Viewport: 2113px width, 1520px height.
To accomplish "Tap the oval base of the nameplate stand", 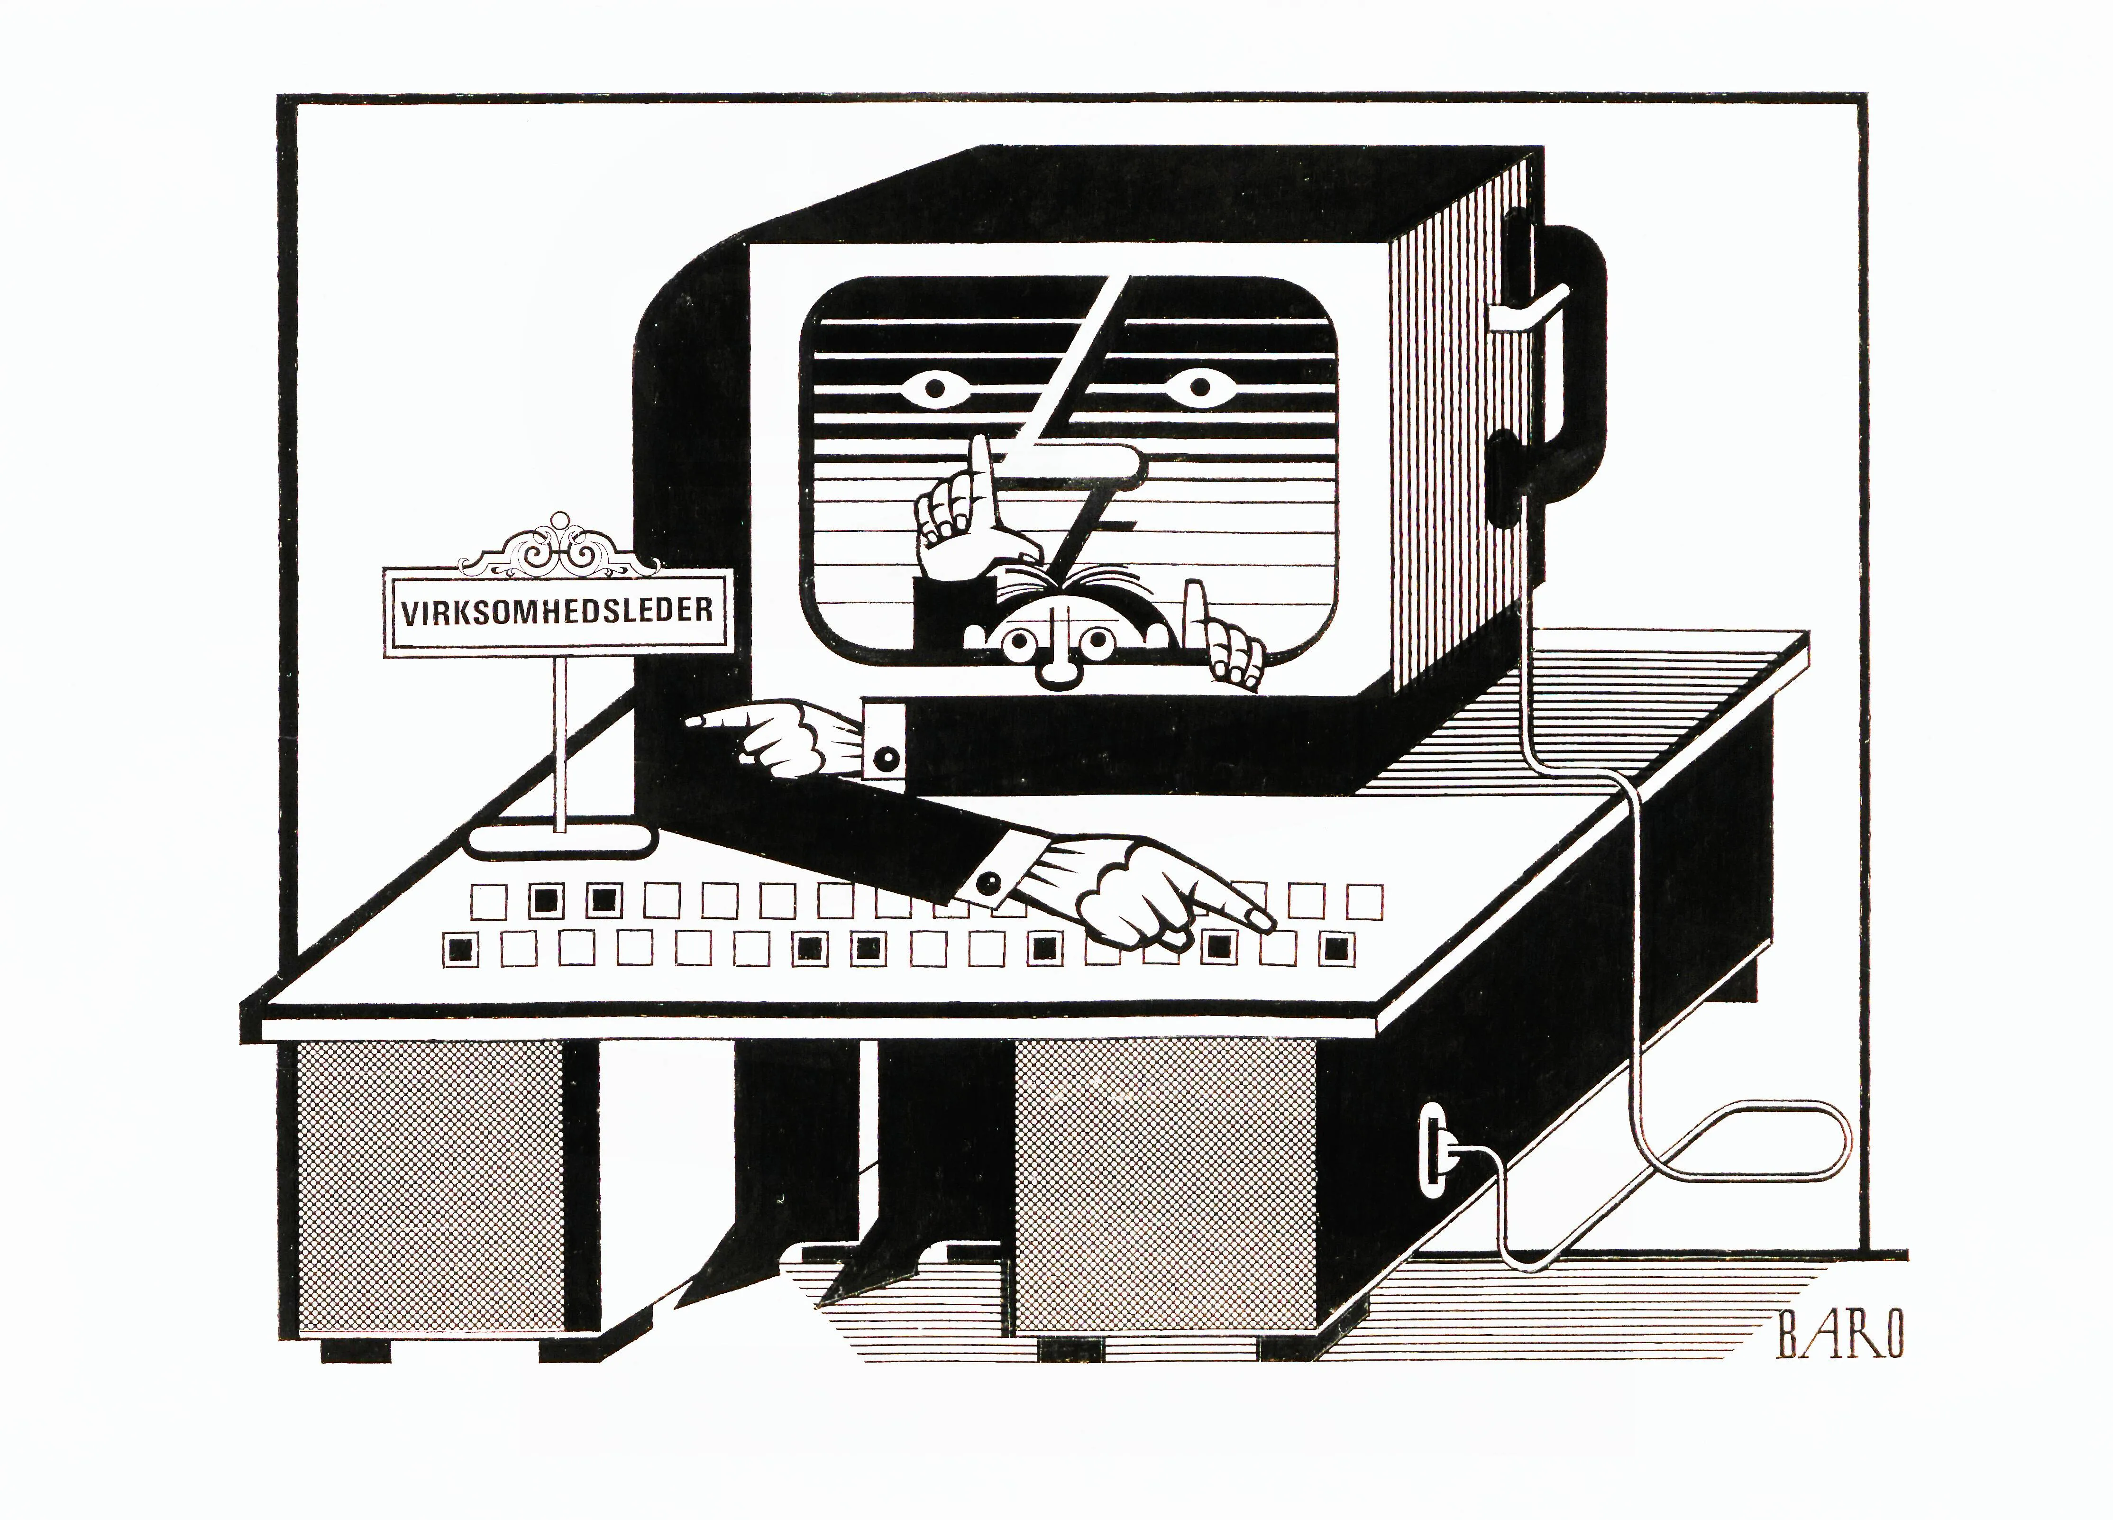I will (562, 842).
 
